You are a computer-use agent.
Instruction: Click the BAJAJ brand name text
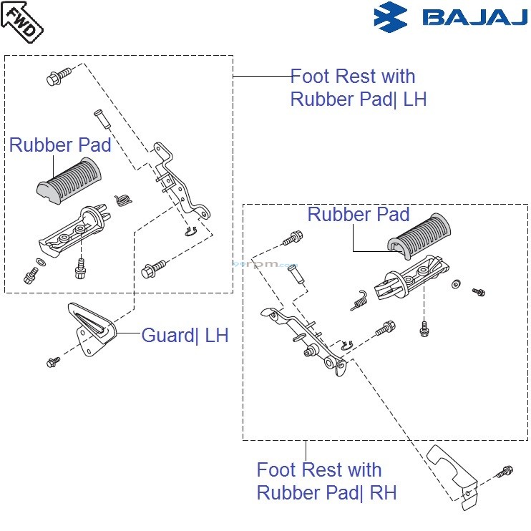pyautogui.click(x=474, y=17)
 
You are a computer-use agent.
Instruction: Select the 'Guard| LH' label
pyautogui.click(x=185, y=335)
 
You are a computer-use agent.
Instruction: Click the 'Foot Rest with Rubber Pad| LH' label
pyautogui.click(x=358, y=87)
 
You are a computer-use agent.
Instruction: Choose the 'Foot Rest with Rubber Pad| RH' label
pyautogui.click(x=326, y=482)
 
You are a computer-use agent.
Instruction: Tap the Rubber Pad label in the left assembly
pyautogui.click(x=60, y=145)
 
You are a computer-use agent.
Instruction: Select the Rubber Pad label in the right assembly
pyautogui.click(x=359, y=214)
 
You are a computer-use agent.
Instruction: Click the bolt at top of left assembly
pyautogui.click(x=59, y=77)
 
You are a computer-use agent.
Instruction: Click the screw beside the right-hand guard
pyautogui.click(x=504, y=471)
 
